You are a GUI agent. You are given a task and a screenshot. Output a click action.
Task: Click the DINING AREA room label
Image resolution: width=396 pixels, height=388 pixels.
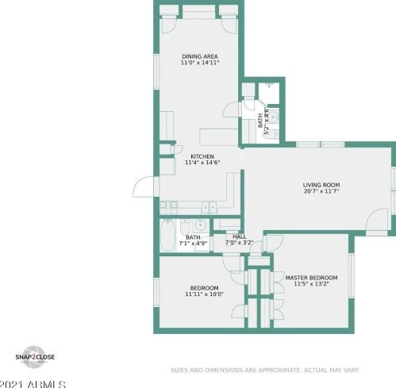click(200, 56)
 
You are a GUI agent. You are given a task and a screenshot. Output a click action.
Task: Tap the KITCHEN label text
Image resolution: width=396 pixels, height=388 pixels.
click(202, 156)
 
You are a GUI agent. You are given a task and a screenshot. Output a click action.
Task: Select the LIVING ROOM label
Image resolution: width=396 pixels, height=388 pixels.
click(321, 185)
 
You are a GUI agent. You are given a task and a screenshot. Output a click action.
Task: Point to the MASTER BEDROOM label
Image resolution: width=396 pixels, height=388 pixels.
click(311, 277)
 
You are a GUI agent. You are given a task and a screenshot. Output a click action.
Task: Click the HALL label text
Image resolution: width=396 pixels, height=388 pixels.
click(239, 236)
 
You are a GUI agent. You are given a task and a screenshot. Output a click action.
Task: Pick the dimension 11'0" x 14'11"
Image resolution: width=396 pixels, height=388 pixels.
click(200, 63)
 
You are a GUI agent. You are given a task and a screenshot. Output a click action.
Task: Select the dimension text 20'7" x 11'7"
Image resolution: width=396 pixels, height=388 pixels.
click(321, 192)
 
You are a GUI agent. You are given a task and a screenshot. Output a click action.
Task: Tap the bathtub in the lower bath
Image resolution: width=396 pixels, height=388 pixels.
click(169, 235)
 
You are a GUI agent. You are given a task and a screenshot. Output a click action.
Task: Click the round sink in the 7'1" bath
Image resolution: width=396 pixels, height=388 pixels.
click(202, 225)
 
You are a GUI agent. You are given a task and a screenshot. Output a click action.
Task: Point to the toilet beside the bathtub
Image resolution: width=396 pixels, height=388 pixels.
click(185, 226)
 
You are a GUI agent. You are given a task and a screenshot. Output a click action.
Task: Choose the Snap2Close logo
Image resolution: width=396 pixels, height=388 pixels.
click(34, 357)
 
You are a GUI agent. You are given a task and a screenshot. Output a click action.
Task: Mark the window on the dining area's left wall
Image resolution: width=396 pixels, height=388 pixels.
click(156, 71)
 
